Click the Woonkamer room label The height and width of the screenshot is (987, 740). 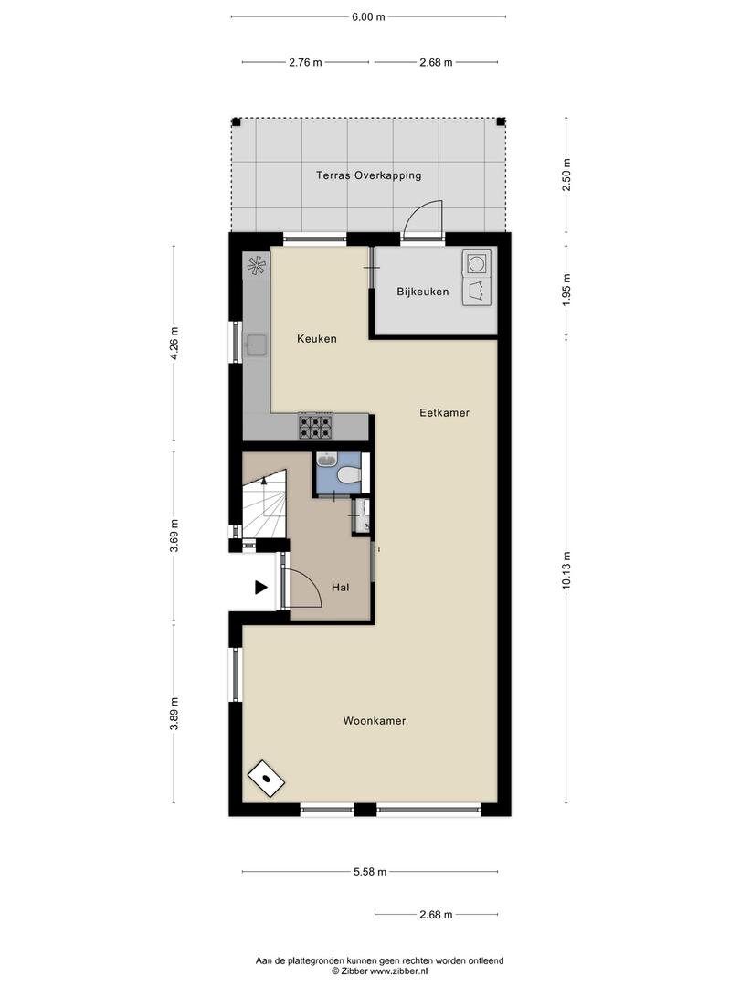[374, 721]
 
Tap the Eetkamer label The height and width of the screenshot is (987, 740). [444, 413]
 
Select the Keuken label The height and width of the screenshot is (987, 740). [316, 339]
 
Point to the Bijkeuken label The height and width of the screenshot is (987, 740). [423, 292]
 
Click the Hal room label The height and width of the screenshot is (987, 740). [341, 588]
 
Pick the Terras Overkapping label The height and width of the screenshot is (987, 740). [369, 175]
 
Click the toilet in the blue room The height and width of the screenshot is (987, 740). [348, 474]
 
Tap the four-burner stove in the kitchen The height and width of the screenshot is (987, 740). [314, 427]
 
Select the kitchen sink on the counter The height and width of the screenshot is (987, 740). [256, 345]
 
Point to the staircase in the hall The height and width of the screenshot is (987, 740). [265, 504]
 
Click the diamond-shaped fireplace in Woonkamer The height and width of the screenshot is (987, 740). [266, 778]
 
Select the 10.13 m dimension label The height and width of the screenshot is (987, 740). [566, 570]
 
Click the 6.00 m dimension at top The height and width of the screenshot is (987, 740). [368, 17]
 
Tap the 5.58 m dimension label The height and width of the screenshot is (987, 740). [369, 872]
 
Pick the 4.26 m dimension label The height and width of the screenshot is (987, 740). [174, 344]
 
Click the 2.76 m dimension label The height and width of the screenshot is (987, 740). [306, 62]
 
